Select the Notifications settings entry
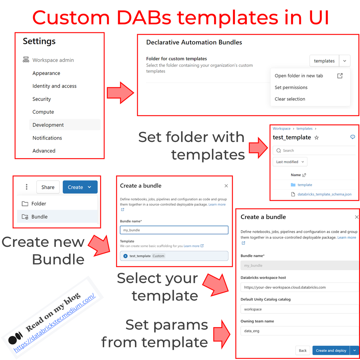click(47, 138)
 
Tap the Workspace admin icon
click(26, 60)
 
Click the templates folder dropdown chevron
click(345, 61)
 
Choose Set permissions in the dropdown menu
click(291, 87)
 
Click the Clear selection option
click(290, 99)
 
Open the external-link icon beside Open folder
click(340, 76)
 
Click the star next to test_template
click(316, 138)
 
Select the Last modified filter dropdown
click(290, 162)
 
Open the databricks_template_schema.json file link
click(324, 194)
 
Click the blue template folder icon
click(293, 185)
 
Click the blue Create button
click(80, 187)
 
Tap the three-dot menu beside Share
click(27, 187)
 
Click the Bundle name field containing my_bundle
click(174, 230)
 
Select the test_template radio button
click(125, 256)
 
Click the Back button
click(303, 350)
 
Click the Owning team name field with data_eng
click(299, 331)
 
